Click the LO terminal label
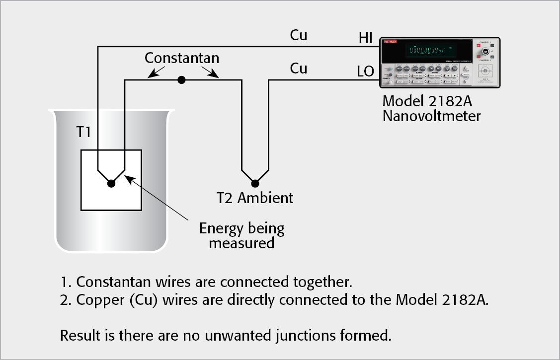[365, 72]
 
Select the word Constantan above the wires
[182, 58]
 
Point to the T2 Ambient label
[255, 198]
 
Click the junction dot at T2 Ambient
[255, 182]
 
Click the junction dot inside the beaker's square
[111, 184]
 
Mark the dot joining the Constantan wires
[182, 79]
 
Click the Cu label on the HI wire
[299, 35]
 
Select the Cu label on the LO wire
[299, 69]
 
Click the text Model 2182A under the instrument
[427, 101]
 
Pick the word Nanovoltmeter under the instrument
[431, 116]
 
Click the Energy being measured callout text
[242, 235]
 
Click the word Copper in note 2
[97, 301]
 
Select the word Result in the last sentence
[76, 335]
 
